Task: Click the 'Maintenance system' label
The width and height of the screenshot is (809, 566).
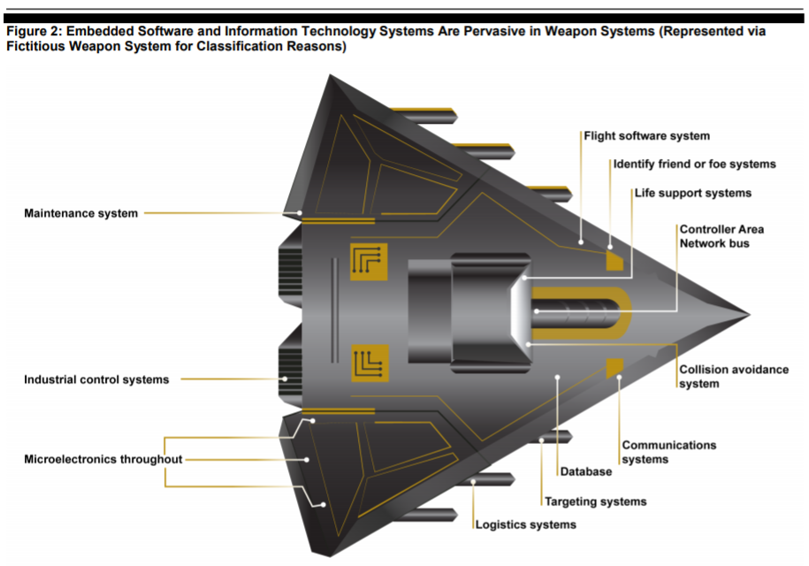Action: point(80,213)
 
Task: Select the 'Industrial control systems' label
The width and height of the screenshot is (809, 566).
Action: point(95,379)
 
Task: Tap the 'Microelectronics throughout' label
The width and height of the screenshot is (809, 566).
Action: point(103,459)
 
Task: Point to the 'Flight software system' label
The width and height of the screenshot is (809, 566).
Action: point(646,136)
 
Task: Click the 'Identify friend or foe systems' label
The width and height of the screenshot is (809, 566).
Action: point(694,164)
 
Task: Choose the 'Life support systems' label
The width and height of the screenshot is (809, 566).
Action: point(692,193)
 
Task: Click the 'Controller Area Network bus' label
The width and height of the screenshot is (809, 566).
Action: point(721,236)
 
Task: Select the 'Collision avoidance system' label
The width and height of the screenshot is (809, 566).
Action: point(733,377)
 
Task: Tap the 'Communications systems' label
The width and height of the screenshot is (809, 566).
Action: point(668,452)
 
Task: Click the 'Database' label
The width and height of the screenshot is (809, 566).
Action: point(585,472)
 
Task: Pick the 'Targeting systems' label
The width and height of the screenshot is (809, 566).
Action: point(595,501)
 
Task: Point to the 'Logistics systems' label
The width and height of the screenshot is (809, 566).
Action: point(525,524)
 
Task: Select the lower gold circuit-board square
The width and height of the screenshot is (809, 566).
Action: point(370,363)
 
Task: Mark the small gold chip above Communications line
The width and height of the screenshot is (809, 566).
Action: point(615,366)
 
